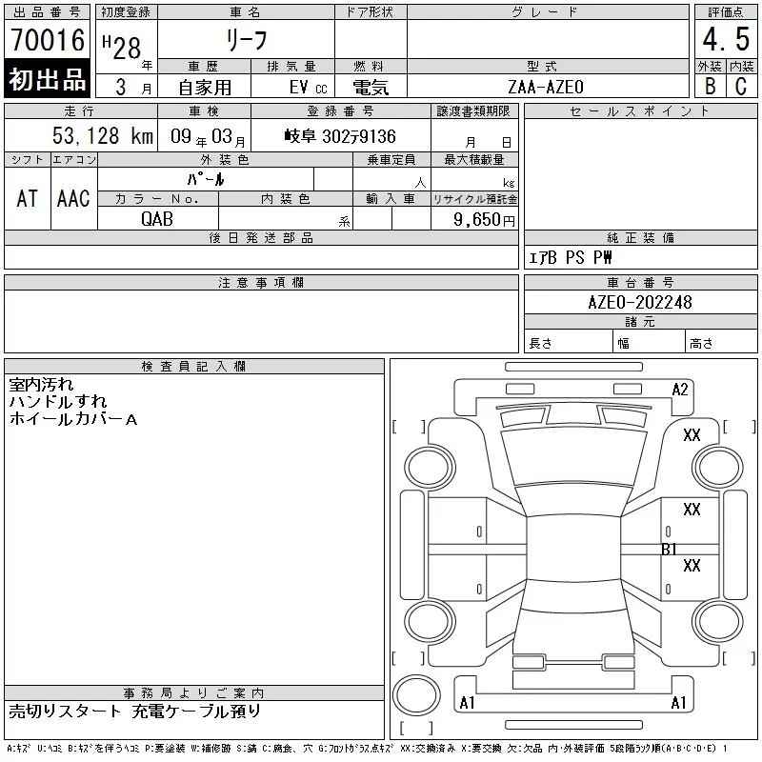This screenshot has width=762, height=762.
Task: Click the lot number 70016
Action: tap(48, 40)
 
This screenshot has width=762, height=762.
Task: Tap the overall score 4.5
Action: tap(726, 39)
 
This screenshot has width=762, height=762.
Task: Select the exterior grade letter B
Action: tap(710, 86)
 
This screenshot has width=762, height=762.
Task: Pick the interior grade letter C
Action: tap(741, 86)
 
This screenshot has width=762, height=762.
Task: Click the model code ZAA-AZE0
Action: tap(545, 87)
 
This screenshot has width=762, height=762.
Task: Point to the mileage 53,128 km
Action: tap(103, 135)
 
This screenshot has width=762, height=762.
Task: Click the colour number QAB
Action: tap(156, 219)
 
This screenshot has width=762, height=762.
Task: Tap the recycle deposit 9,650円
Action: tap(484, 220)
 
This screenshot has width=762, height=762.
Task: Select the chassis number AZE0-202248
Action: tap(639, 302)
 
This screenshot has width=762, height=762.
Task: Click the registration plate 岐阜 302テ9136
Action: tap(340, 136)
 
